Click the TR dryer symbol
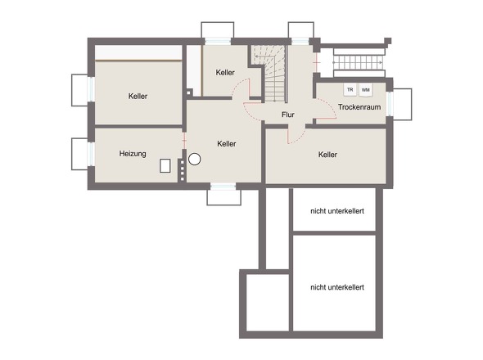pos(350,90)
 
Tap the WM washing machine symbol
pos(366,90)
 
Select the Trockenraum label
pos(359,107)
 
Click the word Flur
pos(288,115)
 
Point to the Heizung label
pos(133,154)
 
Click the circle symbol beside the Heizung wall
pos(194,160)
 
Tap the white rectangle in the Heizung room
pos(165,165)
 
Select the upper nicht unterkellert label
pos(337,211)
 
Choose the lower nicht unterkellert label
pos(337,287)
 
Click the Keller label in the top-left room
pos(138,96)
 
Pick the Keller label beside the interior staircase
pos(225,72)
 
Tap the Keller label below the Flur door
pos(327,155)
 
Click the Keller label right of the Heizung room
pos(227,143)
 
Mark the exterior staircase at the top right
pos(359,62)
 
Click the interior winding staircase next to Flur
pos(270,74)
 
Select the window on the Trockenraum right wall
pos(390,104)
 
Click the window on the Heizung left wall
pos(91,154)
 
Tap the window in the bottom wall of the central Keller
pos(223,187)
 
